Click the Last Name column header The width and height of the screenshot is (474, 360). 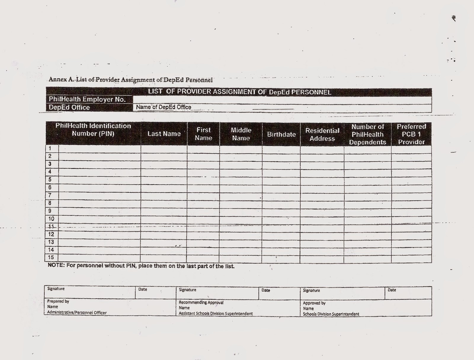tap(164, 134)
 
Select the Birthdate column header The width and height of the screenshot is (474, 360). tap(281, 134)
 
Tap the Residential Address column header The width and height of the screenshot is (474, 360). tap(322, 134)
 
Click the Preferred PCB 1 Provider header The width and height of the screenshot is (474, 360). tap(411, 134)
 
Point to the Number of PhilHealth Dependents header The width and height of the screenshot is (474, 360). tap(367, 134)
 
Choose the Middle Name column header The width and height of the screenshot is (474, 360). tap(241, 134)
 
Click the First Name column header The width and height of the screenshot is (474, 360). tap(203, 134)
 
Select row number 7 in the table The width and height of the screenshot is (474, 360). tap(50, 195)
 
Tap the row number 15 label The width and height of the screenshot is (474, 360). tap(51, 257)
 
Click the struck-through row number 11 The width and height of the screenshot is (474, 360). tap(51, 226)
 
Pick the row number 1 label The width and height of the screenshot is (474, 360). tap(50, 148)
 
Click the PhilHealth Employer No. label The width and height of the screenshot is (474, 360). tap(87, 99)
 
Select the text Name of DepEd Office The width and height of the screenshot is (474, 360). tap(164, 107)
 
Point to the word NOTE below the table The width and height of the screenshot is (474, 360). tap(56, 265)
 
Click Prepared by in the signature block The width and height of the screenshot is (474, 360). tap(58, 301)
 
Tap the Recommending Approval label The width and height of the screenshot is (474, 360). tap(201, 303)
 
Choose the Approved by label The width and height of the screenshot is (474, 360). tap(314, 303)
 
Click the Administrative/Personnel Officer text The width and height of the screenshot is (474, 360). tap(77, 313)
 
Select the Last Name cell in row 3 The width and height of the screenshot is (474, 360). tap(164, 164)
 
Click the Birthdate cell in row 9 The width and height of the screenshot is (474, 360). tap(281, 211)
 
